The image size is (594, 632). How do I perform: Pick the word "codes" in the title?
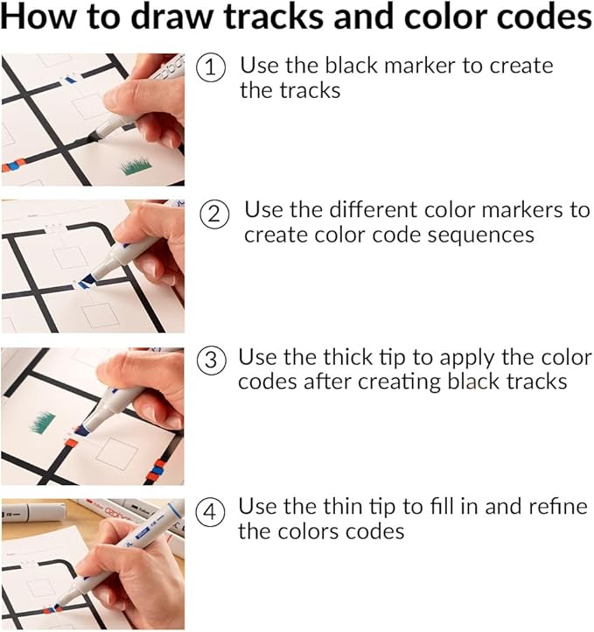[543, 18]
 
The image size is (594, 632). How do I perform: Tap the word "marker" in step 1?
[430, 65]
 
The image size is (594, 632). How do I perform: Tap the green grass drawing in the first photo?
[136, 165]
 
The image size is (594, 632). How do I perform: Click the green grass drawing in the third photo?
[43, 424]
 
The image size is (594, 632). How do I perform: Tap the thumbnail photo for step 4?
[92, 564]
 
